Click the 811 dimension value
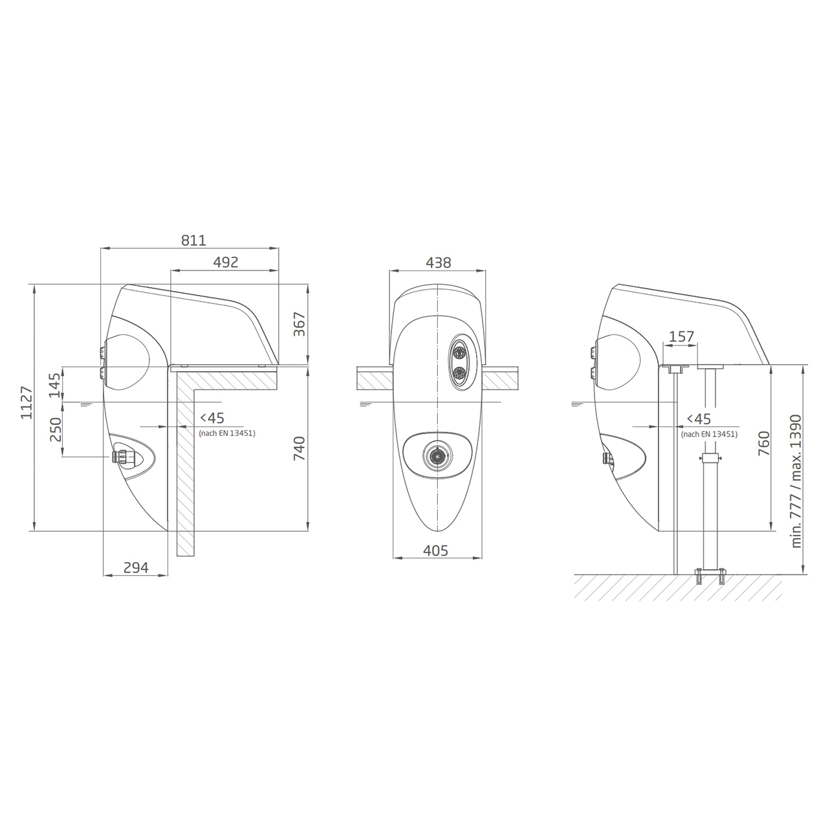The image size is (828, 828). click(193, 240)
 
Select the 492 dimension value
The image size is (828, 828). click(226, 262)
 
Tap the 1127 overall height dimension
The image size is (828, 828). click(27, 402)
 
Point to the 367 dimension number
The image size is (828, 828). click(299, 325)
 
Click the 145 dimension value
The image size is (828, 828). click(55, 386)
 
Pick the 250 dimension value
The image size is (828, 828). click(56, 430)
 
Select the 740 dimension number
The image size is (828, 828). click(299, 448)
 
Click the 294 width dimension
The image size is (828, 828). click(136, 567)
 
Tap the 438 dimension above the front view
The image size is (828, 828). click(439, 263)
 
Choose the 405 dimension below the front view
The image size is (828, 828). click(436, 550)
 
